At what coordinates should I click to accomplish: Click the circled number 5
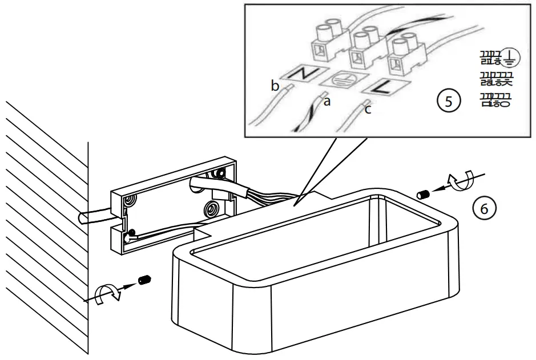click(x=448, y=102)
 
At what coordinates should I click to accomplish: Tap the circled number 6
click(x=484, y=209)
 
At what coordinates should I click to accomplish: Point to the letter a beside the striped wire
click(x=327, y=102)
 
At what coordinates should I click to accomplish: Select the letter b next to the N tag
click(x=275, y=86)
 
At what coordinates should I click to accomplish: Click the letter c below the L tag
click(x=368, y=110)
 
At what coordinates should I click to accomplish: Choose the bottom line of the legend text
click(x=495, y=100)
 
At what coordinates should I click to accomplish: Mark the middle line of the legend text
click(x=495, y=79)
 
